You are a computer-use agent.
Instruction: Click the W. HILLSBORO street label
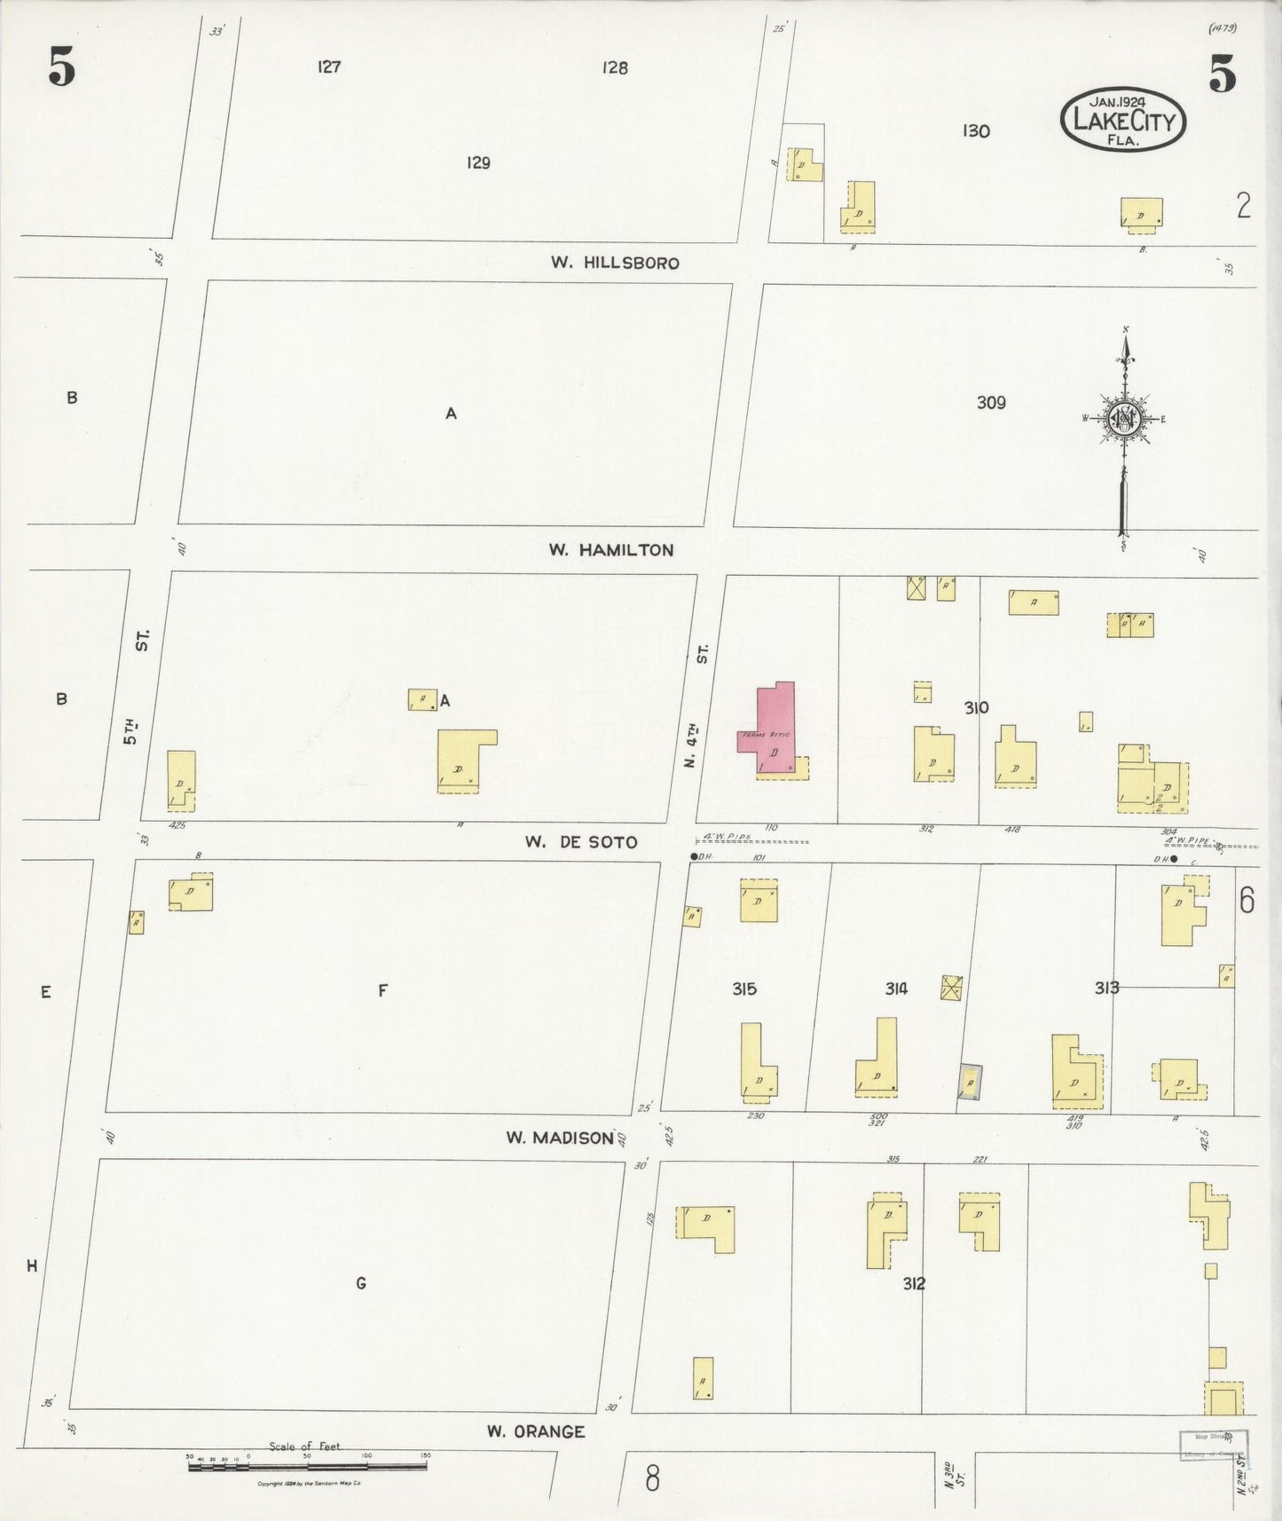tap(614, 263)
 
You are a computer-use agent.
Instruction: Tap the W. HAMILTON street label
tap(610, 550)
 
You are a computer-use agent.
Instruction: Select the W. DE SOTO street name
tap(580, 842)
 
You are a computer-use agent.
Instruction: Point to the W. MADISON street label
tap(560, 1138)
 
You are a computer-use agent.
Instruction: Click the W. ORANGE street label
tap(536, 1431)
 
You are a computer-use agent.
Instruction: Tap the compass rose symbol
tap(1124, 420)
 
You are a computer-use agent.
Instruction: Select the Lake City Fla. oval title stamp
tap(1123, 120)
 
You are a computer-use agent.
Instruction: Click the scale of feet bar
tap(306, 1467)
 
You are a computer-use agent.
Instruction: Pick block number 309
tap(991, 403)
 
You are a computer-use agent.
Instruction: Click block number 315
tap(744, 989)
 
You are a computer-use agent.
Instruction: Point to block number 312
tap(914, 1283)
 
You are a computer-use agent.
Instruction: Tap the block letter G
tap(361, 1283)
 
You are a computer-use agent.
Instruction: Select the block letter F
tap(382, 990)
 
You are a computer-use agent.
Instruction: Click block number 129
tap(478, 162)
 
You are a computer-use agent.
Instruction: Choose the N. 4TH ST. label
tap(697, 705)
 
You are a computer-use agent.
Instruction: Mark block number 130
tap(975, 131)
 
